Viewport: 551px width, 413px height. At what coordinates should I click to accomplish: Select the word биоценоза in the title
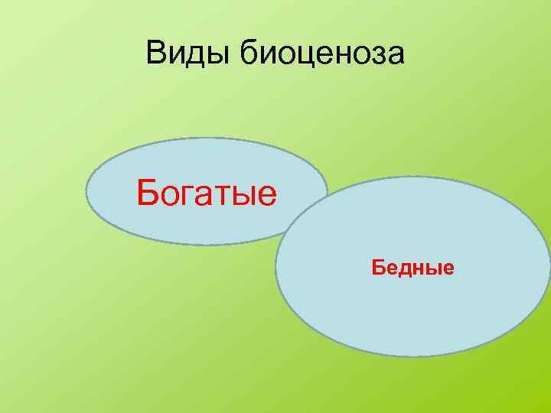pyautogui.click(x=322, y=53)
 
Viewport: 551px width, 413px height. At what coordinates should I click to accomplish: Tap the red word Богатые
pyautogui.click(x=207, y=193)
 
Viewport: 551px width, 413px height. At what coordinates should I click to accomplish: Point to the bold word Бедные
pyautogui.click(x=413, y=268)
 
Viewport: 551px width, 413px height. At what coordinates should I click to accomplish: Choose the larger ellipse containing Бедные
pyautogui.click(x=413, y=321)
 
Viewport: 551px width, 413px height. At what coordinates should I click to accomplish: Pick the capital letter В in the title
pyautogui.click(x=156, y=53)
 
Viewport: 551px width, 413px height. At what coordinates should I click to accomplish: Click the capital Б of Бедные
pyautogui.click(x=377, y=268)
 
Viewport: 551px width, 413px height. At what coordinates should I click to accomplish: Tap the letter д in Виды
pyautogui.click(x=195, y=54)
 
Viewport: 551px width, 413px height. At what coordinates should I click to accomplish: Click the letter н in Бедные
pyautogui.click(x=418, y=268)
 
